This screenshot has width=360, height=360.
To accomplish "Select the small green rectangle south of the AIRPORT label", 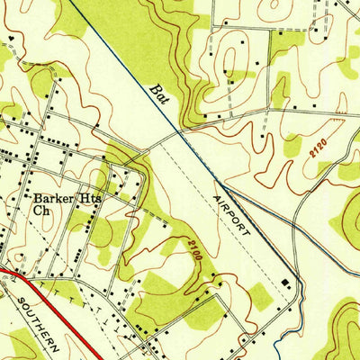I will (258, 297).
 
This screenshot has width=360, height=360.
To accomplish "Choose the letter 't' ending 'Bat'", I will (166, 98).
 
